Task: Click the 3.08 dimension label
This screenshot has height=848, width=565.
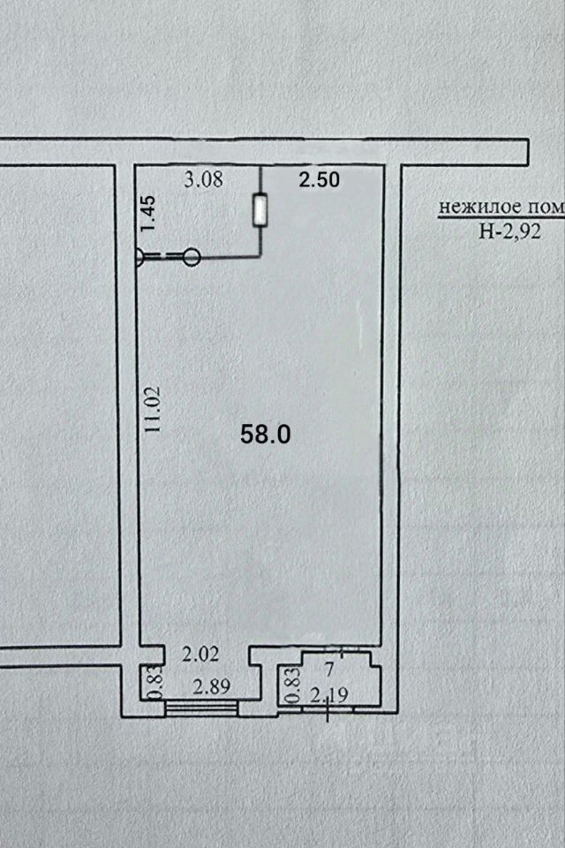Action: [202, 181]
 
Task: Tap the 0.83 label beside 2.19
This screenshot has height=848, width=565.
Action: [290, 685]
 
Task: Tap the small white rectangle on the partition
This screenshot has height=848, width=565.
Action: [260, 210]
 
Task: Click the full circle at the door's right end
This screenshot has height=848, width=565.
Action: [192, 257]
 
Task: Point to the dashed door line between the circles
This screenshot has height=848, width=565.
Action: [166, 256]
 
